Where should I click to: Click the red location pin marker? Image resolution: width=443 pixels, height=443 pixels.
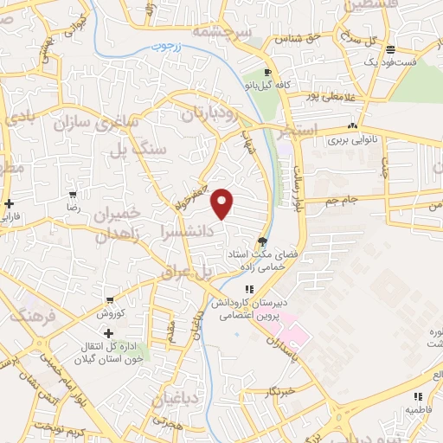(x=223, y=202)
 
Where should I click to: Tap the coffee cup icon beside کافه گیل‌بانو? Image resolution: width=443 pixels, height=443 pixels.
(x=267, y=72)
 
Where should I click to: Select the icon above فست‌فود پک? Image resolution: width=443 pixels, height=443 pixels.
(x=391, y=49)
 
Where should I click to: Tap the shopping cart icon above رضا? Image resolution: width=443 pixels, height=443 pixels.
(x=74, y=195)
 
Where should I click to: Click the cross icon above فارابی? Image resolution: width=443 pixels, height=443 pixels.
(x=9, y=204)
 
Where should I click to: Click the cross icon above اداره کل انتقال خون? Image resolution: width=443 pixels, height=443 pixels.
(x=107, y=333)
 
